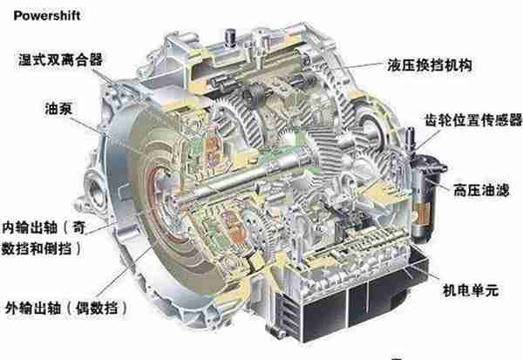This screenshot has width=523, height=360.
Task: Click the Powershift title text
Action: [x=47, y=16]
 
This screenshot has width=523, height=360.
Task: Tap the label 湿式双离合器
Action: [x=60, y=60]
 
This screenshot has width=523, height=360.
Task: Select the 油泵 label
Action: [x=58, y=109]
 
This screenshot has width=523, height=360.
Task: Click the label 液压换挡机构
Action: [x=430, y=65]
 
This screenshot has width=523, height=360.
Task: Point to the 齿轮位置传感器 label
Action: [x=473, y=120]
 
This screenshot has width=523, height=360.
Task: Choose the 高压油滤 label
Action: [x=481, y=191]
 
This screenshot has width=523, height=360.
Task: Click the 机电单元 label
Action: [x=471, y=290]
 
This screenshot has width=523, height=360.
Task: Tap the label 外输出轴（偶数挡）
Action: [x=66, y=308]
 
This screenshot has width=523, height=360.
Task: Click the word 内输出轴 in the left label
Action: [x=30, y=228]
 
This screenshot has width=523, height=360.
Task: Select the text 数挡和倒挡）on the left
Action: [x=41, y=248]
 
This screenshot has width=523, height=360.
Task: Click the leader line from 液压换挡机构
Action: [x=352, y=66]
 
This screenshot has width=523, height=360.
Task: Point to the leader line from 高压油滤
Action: [x=441, y=184]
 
